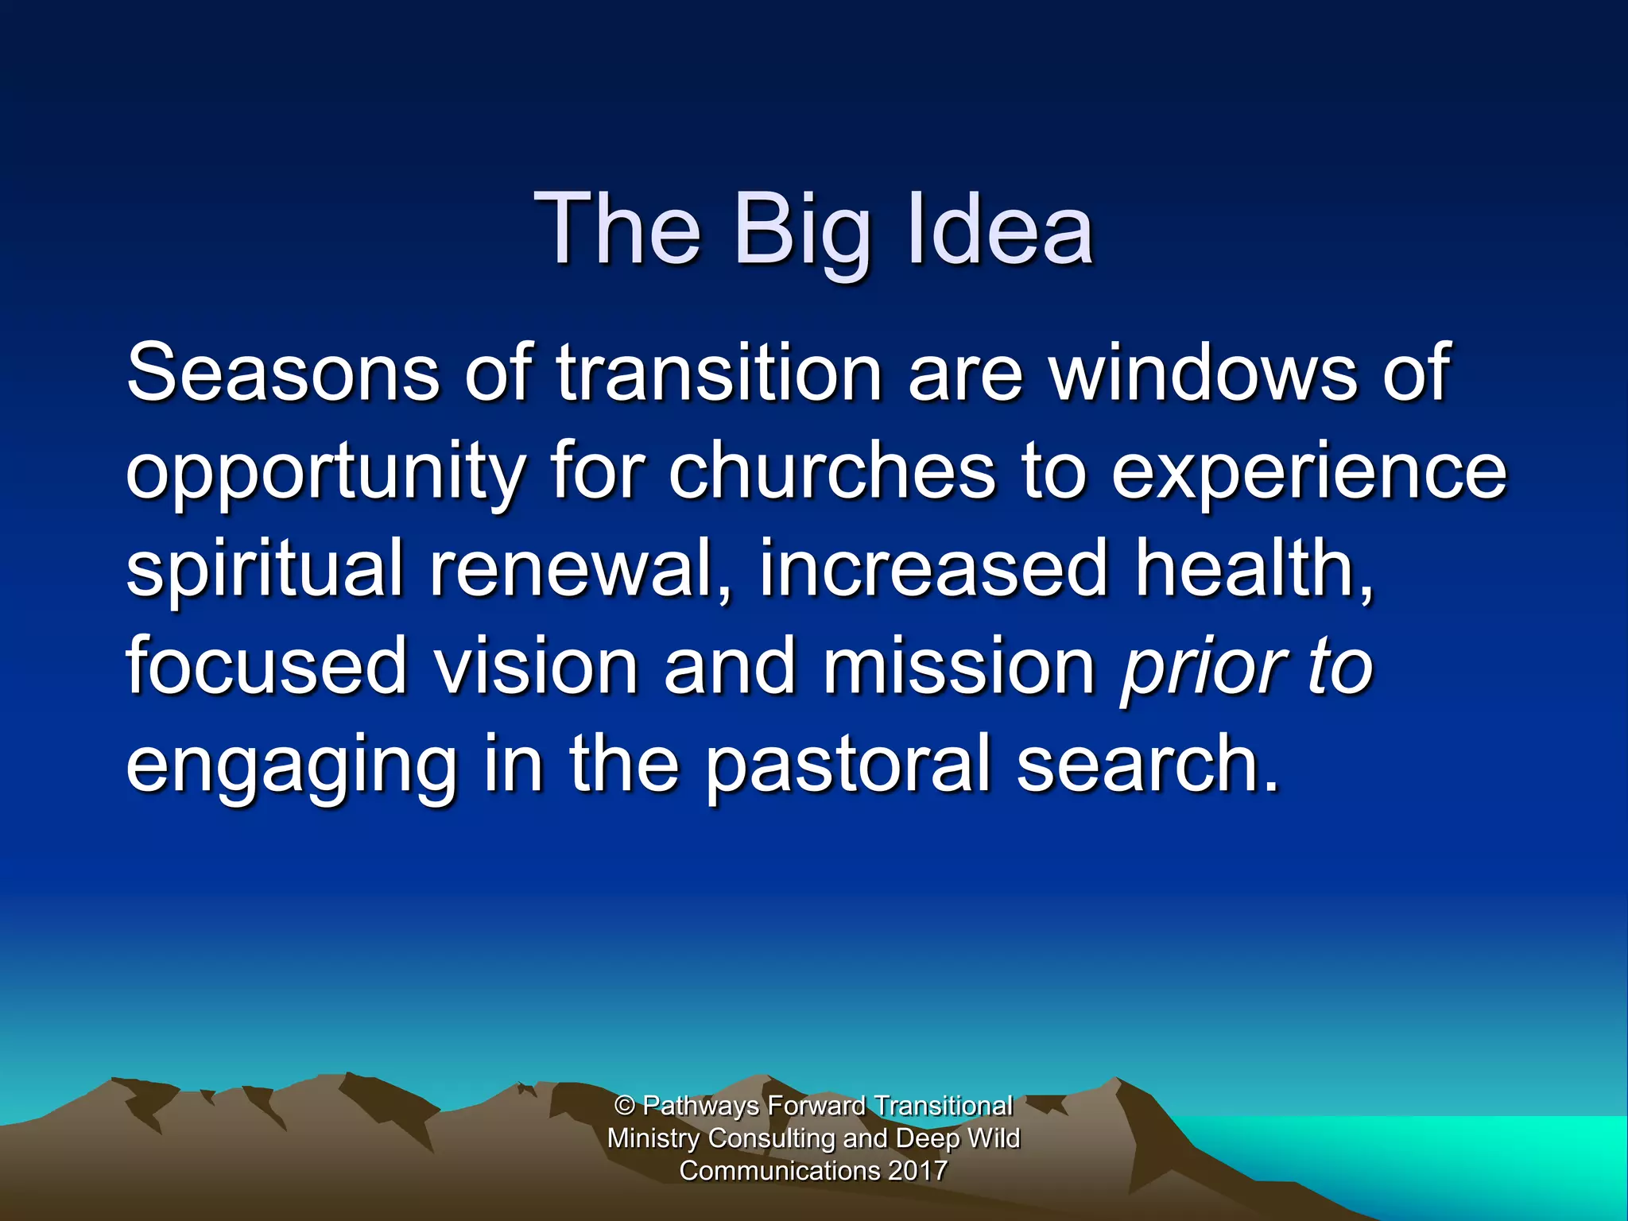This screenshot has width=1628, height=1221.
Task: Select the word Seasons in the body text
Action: [x=282, y=372]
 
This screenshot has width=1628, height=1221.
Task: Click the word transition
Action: [x=719, y=372]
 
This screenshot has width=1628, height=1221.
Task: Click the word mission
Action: [x=959, y=666]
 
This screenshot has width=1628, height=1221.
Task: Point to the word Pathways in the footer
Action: [x=700, y=1106]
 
